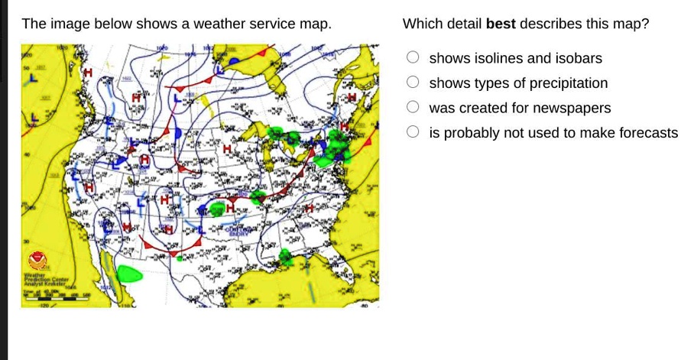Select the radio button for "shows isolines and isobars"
413,58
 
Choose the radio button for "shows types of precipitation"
413,83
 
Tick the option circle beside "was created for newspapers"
413,108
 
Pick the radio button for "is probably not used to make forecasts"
413,132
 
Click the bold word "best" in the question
501,24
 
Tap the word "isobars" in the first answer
579,58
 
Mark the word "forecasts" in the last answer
647,133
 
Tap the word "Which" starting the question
422,24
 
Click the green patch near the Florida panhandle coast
286,256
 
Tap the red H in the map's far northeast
352,99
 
